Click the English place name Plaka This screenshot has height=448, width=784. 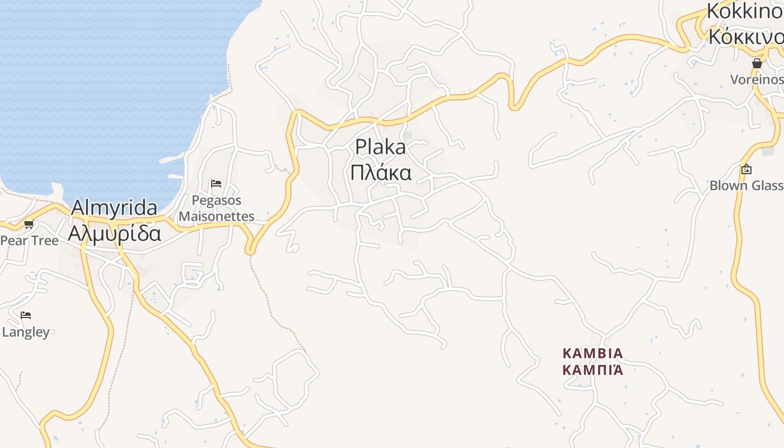(x=381, y=147)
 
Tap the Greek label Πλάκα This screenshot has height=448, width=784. (x=381, y=172)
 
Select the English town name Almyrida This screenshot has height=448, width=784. (x=114, y=208)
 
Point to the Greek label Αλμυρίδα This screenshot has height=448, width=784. (x=114, y=233)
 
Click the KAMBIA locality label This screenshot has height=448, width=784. (x=592, y=353)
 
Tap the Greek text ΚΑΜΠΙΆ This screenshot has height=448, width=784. (x=592, y=370)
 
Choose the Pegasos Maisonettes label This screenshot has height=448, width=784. (x=217, y=208)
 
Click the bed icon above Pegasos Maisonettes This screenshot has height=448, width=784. (x=216, y=183)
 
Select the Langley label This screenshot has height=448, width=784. (x=26, y=332)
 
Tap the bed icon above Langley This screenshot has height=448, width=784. (x=26, y=315)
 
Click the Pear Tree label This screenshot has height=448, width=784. (x=29, y=241)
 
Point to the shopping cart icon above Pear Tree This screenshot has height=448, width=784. (x=29, y=225)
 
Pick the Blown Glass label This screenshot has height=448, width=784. (x=746, y=186)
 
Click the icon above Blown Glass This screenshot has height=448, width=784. (x=746, y=169)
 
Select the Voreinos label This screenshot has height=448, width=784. (x=757, y=80)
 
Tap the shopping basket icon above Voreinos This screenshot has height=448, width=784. (x=757, y=64)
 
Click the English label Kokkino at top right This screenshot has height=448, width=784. (x=745, y=11)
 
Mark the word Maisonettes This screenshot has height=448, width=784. (x=217, y=216)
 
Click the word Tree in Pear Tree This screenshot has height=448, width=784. (x=44, y=241)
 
